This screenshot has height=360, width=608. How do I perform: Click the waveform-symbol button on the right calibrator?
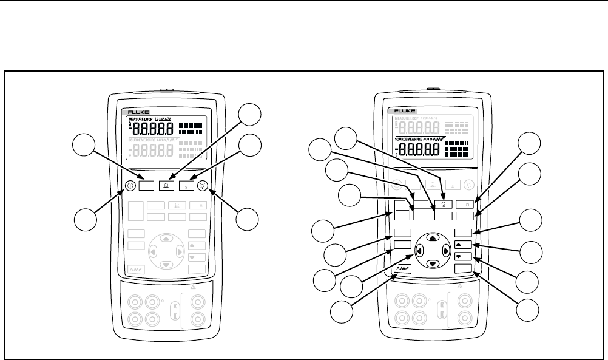click(401, 268)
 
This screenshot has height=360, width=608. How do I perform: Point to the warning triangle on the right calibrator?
click(460, 285)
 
